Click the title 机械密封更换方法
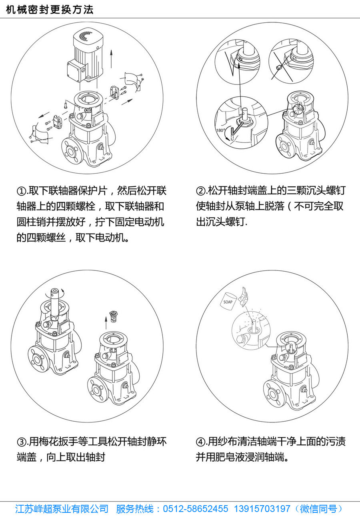tap(50, 10)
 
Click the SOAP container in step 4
tap(228, 301)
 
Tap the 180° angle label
tap(220, 130)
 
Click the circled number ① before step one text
tap(22, 191)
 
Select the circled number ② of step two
tap(201, 191)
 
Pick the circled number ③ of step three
tap(22, 442)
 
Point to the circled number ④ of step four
tap(201, 442)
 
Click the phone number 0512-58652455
tap(195, 508)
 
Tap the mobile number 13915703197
tap(262, 508)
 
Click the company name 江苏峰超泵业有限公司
tap(62, 508)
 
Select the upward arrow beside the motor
tap(111, 58)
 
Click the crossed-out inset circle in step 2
tap(291, 62)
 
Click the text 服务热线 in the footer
tap(134, 508)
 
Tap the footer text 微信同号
tap(318, 508)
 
